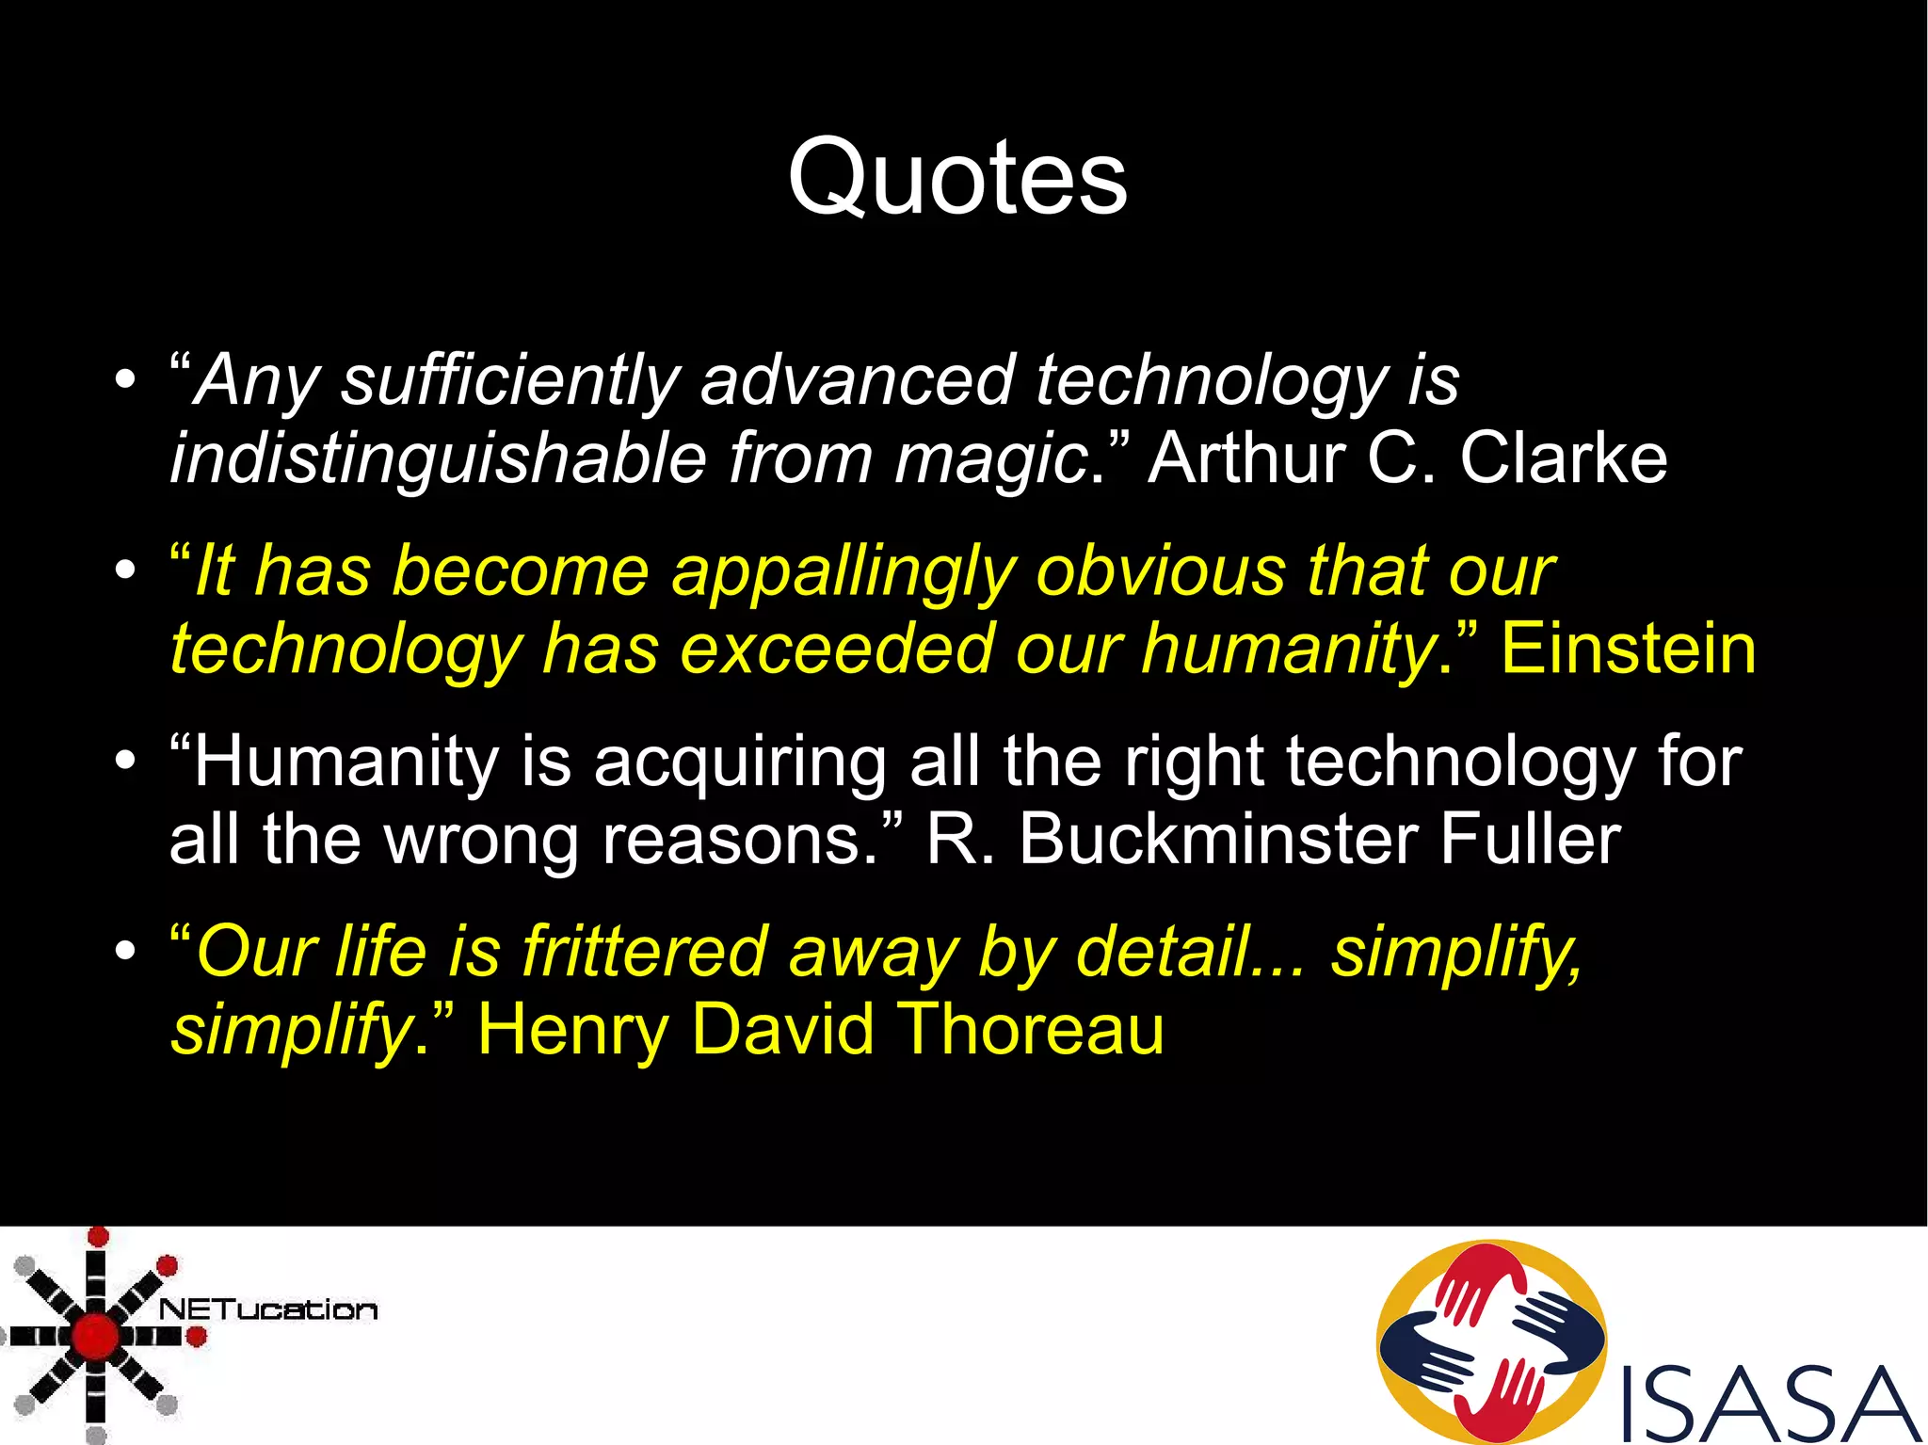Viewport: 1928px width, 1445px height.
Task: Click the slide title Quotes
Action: click(x=957, y=177)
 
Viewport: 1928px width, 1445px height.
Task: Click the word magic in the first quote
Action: click(x=990, y=458)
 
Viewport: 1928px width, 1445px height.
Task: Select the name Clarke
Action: click(x=1563, y=458)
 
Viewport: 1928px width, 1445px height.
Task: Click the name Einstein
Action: click(x=1628, y=649)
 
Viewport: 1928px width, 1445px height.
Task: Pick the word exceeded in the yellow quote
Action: click(x=836, y=649)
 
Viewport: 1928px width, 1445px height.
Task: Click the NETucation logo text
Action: click(x=268, y=1309)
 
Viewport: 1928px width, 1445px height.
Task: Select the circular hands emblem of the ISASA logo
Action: click(x=1491, y=1341)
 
